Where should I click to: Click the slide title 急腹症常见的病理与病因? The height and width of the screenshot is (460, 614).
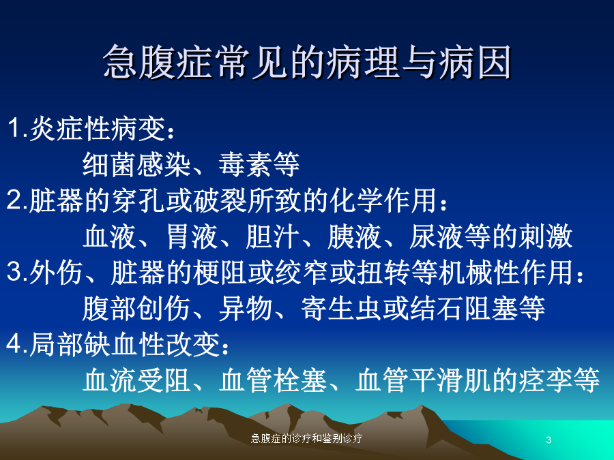(x=308, y=61)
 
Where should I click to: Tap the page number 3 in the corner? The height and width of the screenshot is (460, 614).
(x=549, y=440)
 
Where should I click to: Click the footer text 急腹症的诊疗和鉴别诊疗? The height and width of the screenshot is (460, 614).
(x=306, y=438)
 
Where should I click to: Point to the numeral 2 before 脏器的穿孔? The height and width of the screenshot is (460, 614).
(x=15, y=200)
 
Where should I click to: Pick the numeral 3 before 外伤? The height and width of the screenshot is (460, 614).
(x=15, y=271)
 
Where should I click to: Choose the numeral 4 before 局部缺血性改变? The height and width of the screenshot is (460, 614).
(x=15, y=344)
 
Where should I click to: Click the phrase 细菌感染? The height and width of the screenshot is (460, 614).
(x=137, y=164)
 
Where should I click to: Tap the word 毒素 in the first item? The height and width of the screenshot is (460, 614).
(x=246, y=164)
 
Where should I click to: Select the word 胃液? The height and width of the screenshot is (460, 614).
(x=192, y=236)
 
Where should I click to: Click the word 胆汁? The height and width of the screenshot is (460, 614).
(x=273, y=236)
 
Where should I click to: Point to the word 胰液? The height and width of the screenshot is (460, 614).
(x=354, y=236)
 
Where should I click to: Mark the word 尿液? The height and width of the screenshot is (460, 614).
(x=436, y=236)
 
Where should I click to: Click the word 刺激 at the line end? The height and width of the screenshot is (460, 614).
(x=546, y=236)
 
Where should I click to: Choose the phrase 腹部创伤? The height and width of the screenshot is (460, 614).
(x=137, y=308)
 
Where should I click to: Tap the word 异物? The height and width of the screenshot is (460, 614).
(x=246, y=308)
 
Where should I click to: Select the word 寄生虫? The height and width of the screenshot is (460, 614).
(x=341, y=308)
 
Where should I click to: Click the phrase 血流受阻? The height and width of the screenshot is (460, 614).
(x=137, y=380)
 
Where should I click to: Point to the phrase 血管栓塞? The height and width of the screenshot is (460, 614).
(x=273, y=380)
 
